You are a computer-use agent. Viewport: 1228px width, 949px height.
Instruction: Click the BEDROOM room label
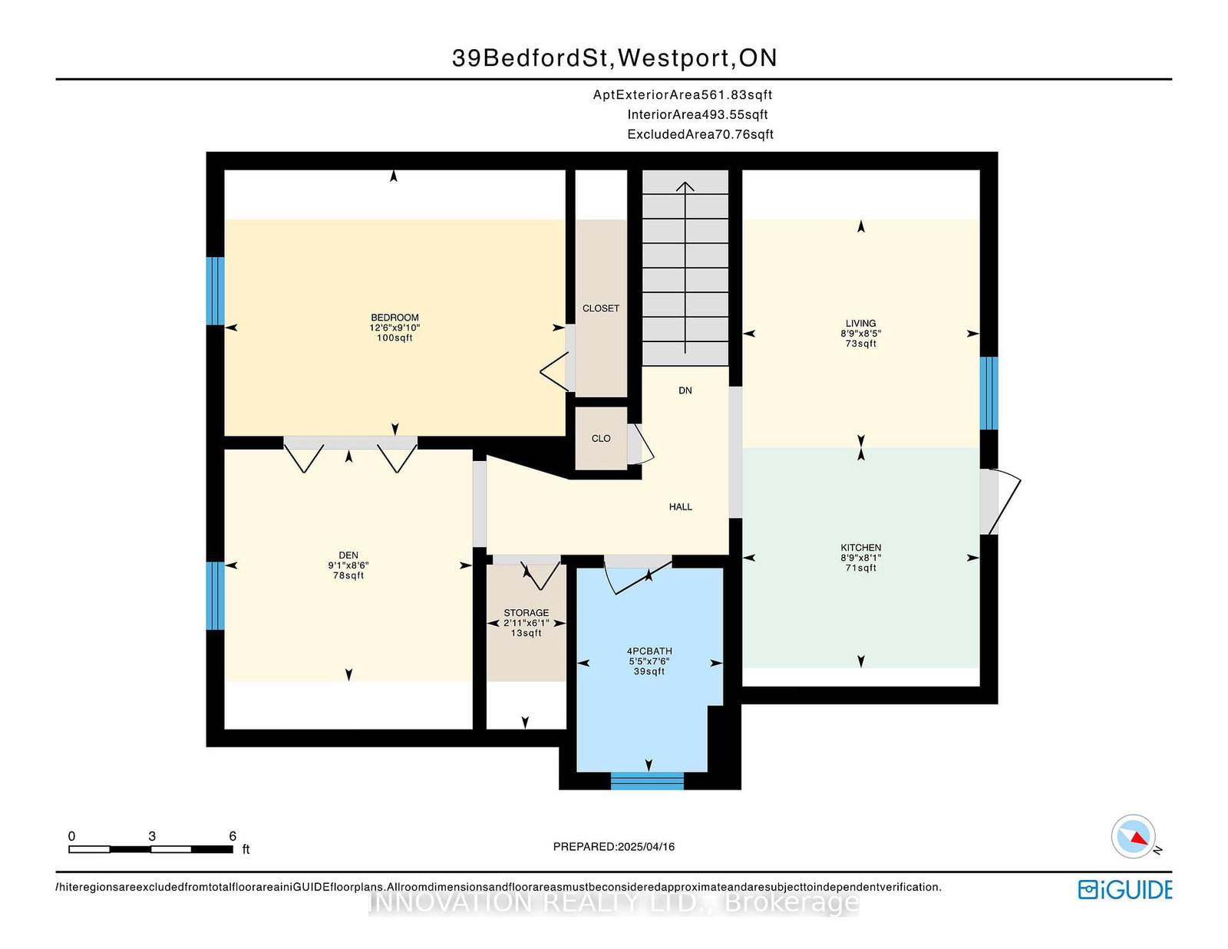(394, 318)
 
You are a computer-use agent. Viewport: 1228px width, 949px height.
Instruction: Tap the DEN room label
(348, 555)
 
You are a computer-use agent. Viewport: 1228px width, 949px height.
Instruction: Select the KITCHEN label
(860, 547)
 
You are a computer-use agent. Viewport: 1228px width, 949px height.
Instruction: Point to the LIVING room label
(860, 324)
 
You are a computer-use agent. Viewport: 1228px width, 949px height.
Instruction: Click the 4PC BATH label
(649, 651)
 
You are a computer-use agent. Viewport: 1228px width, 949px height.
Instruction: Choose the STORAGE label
(527, 613)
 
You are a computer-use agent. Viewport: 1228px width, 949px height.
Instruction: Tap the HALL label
(681, 506)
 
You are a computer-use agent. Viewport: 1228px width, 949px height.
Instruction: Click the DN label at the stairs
(685, 390)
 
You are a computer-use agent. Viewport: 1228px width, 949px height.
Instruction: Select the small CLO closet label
(601, 438)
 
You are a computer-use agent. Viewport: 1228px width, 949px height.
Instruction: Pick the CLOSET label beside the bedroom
(601, 308)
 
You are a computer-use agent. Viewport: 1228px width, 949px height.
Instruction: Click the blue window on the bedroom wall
(216, 291)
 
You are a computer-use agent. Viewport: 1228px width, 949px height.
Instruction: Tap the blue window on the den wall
(216, 595)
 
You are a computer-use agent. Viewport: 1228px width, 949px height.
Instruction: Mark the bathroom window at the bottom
(647, 781)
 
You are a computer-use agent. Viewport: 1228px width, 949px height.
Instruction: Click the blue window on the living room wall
(989, 393)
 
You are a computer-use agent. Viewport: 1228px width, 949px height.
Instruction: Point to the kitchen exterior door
(1000, 502)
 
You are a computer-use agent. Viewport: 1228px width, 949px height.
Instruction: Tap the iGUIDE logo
(1124, 890)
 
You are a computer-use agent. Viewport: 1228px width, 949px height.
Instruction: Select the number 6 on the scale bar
(233, 836)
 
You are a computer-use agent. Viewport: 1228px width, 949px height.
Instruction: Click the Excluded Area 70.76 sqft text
(700, 134)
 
